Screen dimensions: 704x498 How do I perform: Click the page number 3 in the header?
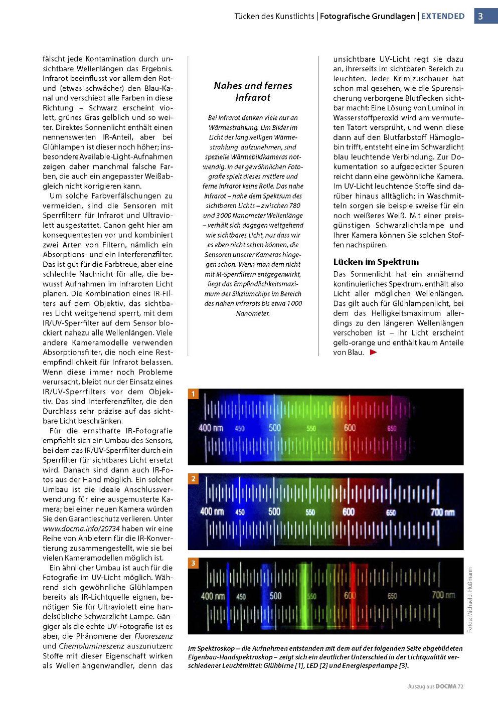(x=480, y=16)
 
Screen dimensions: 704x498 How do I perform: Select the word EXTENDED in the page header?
(x=443, y=16)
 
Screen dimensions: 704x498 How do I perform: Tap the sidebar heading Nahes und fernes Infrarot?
(x=253, y=91)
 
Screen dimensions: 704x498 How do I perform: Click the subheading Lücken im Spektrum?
(x=376, y=262)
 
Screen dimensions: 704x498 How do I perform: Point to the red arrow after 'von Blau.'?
(x=373, y=353)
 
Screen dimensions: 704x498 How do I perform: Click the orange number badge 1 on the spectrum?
(x=193, y=394)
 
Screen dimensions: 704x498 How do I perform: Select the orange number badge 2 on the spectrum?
(x=193, y=479)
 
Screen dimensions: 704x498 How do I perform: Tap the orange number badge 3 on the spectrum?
(x=193, y=563)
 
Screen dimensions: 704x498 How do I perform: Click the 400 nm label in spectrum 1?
(x=211, y=428)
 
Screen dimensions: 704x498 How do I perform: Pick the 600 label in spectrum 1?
(x=350, y=428)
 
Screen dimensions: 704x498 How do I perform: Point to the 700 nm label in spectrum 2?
(x=442, y=512)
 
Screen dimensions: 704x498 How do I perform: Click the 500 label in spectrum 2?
(x=274, y=511)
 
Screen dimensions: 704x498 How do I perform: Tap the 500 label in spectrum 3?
(x=275, y=596)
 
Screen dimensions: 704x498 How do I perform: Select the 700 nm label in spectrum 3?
(x=443, y=595)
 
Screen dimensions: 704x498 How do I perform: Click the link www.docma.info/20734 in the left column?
(x=81, y=529)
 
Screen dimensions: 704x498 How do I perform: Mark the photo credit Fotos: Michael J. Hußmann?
(x=470, y=600)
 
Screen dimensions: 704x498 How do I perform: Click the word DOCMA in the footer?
(x=446, y=686)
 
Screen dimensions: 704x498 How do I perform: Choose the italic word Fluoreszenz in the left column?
(x=153, y=636)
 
